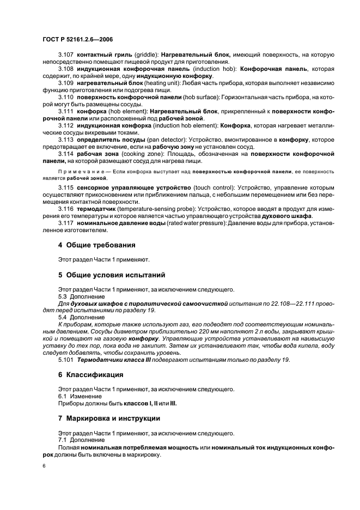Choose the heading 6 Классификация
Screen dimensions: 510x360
pos(91,375)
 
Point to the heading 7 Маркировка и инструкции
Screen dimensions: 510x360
pos(109,418)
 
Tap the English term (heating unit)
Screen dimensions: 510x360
pos(147,83)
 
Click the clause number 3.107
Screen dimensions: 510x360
pos(66,55)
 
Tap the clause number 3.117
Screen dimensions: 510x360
pos(66,223)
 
